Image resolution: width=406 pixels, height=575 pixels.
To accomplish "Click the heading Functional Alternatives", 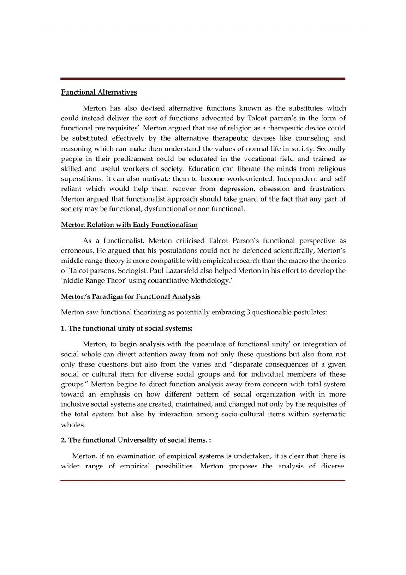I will [x=99, y=92].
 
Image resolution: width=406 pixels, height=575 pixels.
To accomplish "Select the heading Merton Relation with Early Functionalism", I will [x=129, y=225].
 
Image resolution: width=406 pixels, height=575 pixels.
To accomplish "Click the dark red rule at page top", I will [x=203, y=79].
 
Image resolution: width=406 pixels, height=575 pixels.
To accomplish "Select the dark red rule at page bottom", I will [x=203, y=480].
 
